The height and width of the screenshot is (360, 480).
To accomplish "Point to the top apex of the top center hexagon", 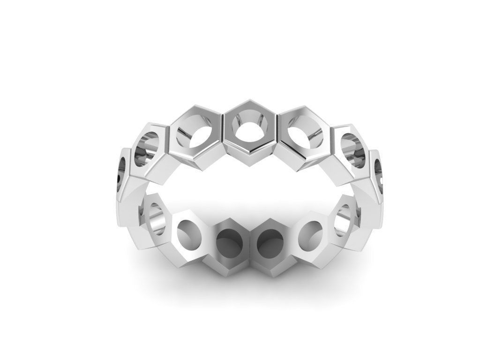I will [249, 99].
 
